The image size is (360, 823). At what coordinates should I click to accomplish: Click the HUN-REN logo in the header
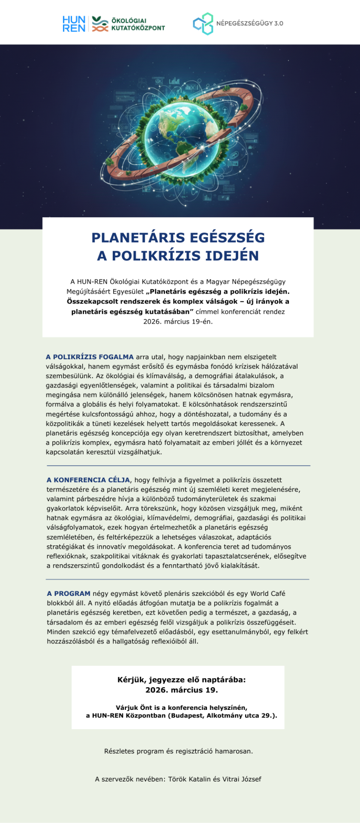coord(74,24)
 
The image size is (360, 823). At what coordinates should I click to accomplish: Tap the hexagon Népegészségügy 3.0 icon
coord(203,24)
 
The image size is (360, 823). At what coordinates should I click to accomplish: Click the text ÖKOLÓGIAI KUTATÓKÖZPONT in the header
coord(138,24)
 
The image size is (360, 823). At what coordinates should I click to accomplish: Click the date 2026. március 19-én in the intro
coord(178,321)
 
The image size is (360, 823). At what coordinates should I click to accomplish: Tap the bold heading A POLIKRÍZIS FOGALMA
coord(90,357)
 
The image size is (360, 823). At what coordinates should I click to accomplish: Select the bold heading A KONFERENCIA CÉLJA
coord(88,480)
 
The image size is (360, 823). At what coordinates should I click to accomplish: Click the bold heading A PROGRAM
coord(69,594)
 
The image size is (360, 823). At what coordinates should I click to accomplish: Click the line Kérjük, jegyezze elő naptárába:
coord(182,680)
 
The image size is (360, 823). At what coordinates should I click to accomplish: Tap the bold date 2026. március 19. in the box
coord(182,690)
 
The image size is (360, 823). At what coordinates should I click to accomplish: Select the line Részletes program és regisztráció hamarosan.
coord(178,751)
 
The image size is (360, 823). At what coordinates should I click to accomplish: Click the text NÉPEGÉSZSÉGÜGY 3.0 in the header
coord(249,24)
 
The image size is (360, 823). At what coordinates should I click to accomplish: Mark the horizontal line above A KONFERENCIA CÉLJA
coord(178,466)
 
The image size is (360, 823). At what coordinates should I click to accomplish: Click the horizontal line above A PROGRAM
coord(177,580)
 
